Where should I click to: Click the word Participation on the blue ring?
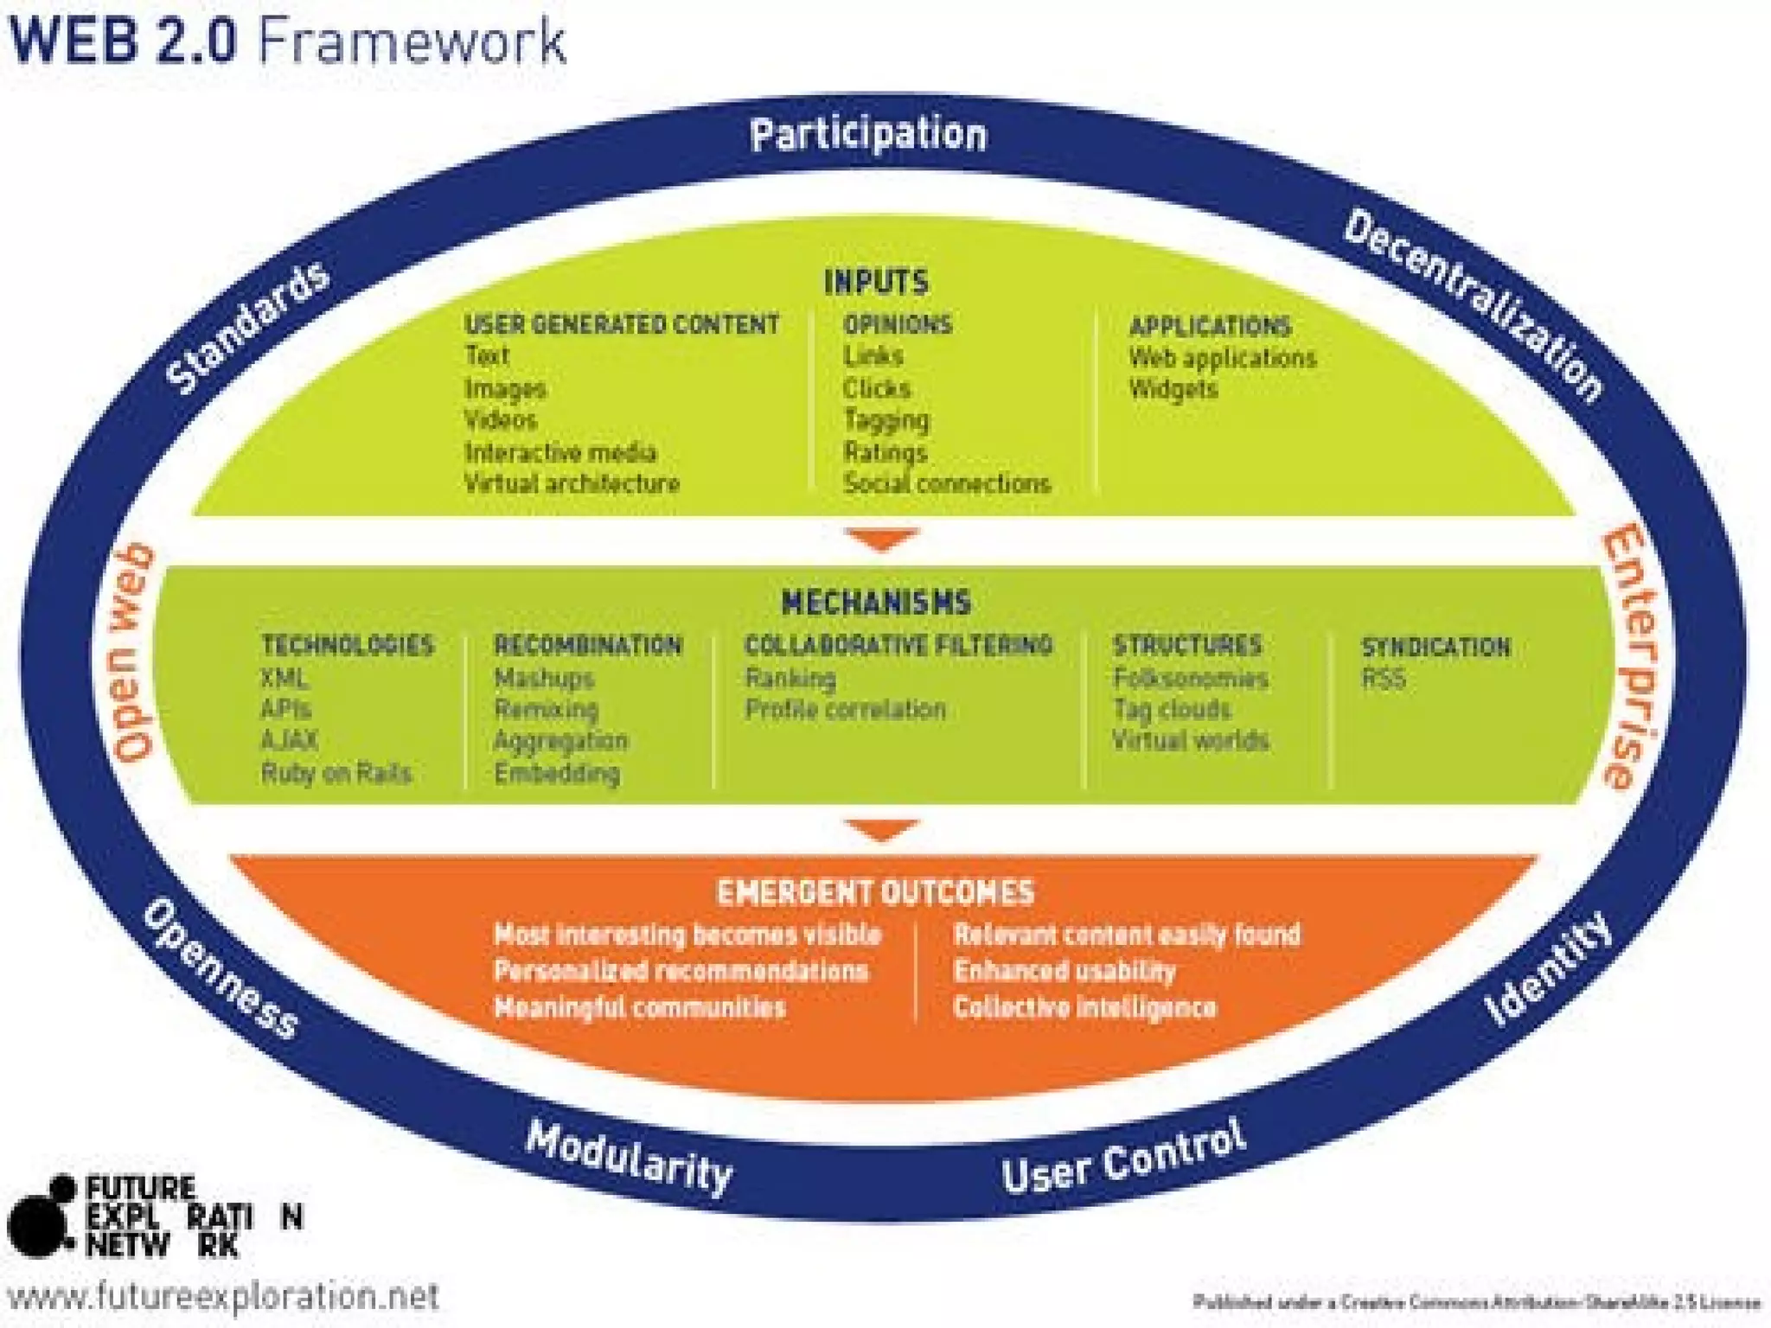click(867, 136)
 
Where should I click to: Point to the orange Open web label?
click(132, 653)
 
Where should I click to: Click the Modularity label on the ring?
click(630, 1157)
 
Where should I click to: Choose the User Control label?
click(1124, 1157)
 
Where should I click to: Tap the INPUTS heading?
click(876, 283)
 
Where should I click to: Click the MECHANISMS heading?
click(876, 603)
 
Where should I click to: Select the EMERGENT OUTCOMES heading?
click(875, 892)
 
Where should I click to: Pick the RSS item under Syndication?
click(1384, 680)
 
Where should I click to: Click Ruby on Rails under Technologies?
click(336, 773)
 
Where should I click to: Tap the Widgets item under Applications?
click(1173, 390)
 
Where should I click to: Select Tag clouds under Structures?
click(1172, 710)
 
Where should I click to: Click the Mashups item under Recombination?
click(544, 679)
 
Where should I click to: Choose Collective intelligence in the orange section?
click(1084, 1008)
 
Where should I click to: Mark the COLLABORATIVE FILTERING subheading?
click(898, 645)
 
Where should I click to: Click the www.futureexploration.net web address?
click(223, 1297)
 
